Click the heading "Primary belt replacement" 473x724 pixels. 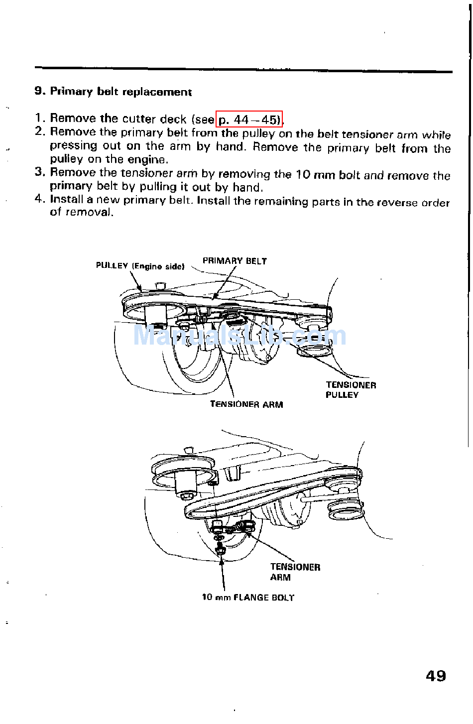pyautogui.click(x=120, y=92)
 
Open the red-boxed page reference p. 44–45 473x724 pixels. pyautogui.click(x=249, y=120)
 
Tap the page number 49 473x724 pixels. pyautogui.click(x=436, y=676)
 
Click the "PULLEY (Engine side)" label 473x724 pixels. pyautogui.click(x=140, y=266)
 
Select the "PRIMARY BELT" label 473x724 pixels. pyautogui.click(x=235, y=261)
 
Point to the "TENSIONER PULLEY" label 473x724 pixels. pyautogui.click(x=351, y=390)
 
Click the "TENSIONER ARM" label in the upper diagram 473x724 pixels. pyautogui.click(x=246, y=404)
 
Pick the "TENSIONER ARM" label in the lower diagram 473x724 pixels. pyautogui.click(x=295, y=572)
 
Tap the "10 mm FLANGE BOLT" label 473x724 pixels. pyautogui.click(x=248, y=597)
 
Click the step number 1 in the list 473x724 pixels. pyautogui.click(x=40, y=119)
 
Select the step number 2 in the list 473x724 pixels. pyautogui.click(x=40, y=131)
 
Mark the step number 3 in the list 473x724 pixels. pyautogui.click(x=40, y=172)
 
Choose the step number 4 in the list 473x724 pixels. pyautogui.click(x=40, y=199)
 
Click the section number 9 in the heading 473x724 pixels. pyautogui.click(x=39, y=91)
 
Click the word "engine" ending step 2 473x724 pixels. pyautogui.click(x=148, y=159)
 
